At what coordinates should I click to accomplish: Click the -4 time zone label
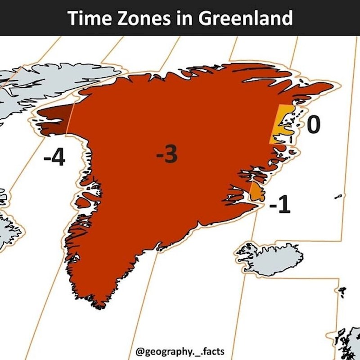click(x=54, y=158)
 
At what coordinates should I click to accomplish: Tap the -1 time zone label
click(x=279, y=206)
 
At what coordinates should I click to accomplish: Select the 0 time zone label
click(x=314, y=125)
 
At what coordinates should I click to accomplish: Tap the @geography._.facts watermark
click(x=180, y=350)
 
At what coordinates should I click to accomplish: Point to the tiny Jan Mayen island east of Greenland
click(x=338, y=196)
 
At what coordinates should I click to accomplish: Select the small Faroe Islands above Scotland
click(x=343, y=292)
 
